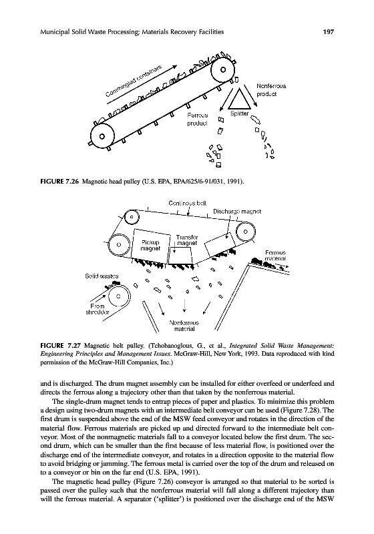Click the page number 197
(x=329, y=32)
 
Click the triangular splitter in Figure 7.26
(x=242, y=99)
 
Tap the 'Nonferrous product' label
(x=271, y=90)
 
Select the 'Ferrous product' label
(x=197, y=119)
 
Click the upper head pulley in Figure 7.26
(x=223, y=71)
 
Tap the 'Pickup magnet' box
(x=150, y=246)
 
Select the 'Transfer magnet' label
(x=186, y=240)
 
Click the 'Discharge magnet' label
(x=237, y=212)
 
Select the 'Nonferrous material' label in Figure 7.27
(x=184, y=326)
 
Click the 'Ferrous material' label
(x=275, y=256)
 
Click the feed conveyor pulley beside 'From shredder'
(x=118, y=296)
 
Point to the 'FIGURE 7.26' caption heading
(x=59, y=182)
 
